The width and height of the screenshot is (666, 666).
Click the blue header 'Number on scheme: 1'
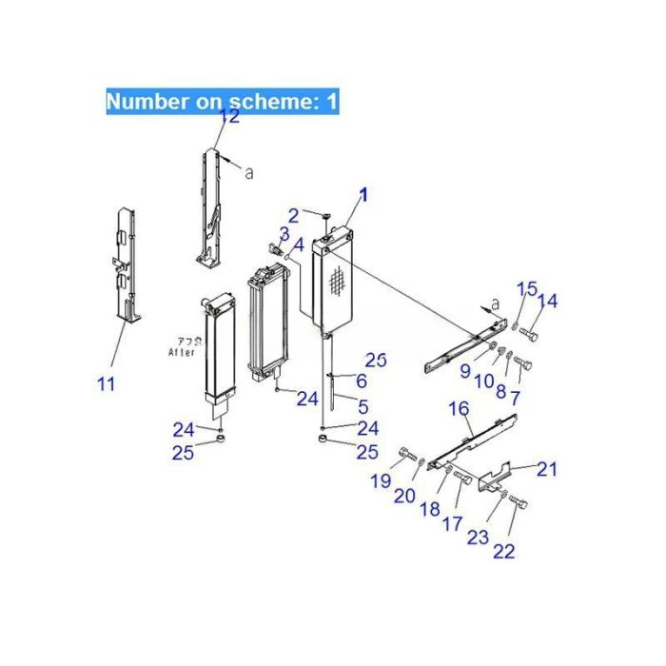222,102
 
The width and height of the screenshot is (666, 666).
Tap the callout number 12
229,117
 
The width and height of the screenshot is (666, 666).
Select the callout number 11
107,384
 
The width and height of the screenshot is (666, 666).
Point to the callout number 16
459,409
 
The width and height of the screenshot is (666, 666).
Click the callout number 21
547,468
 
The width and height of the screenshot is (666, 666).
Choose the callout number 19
381,481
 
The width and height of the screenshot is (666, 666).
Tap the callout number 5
362,406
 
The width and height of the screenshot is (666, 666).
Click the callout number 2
294,215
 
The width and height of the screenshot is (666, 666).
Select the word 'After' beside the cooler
181,351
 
